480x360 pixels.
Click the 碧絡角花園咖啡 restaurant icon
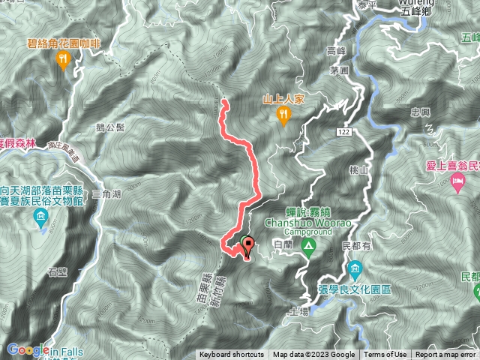(x=63, y=59)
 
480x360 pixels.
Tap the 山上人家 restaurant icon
(x=283, y=114)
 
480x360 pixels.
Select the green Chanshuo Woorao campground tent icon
(x=307, y=247)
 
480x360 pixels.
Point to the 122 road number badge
(x=344, y=131)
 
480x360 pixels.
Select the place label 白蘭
(x=283, y=245)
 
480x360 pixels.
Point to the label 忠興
(x=421, y=112)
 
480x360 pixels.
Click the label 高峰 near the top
(x=335, y=51)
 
